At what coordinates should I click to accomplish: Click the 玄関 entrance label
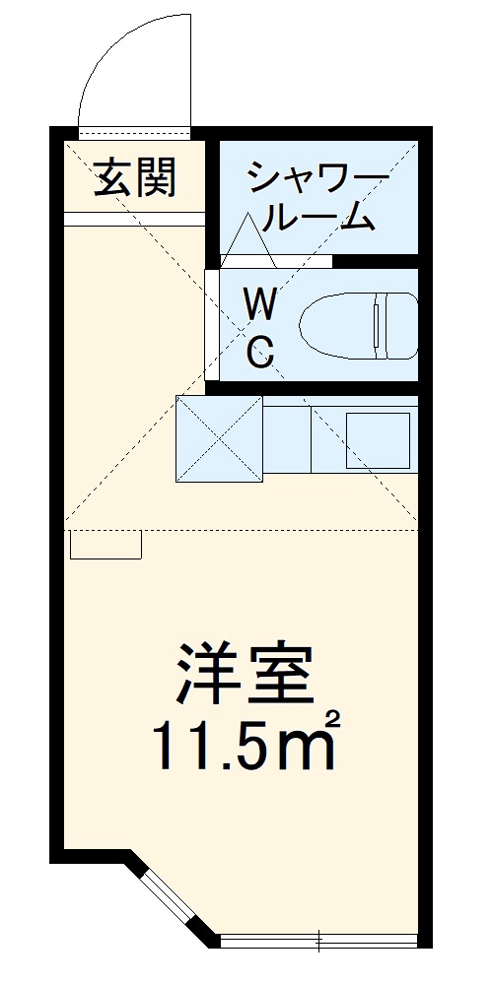(135, 178)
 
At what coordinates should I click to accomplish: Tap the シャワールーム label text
(316, 197)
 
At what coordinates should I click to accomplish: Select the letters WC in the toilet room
(259, 326)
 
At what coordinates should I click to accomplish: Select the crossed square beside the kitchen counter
(219, 438)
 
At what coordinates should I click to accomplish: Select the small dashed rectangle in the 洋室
(106, 544)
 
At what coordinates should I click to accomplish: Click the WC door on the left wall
(211, 325)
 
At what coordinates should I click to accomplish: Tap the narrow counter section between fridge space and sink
(287, 440)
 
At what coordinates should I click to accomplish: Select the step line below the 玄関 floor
(135, 218)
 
